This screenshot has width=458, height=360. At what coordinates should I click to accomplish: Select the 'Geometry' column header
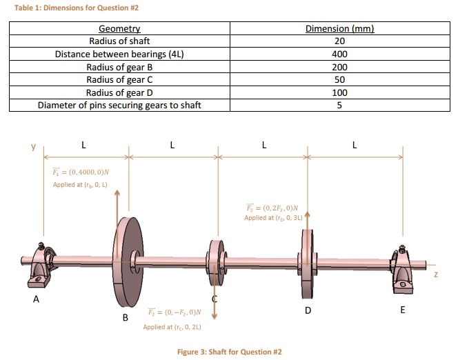(120, 29)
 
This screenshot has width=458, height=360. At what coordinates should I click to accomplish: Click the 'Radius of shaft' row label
(120, 41)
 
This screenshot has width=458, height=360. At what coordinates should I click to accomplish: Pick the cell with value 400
(339, 54)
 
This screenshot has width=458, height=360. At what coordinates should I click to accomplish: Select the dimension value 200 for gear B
(339, 68)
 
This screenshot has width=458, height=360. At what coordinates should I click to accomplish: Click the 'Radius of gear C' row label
(120, 80)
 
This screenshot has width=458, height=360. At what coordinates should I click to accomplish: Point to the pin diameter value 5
(339, 106)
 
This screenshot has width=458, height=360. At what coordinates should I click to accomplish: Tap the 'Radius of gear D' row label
(120, 92)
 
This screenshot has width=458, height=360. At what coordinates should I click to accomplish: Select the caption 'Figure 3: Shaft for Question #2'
(230, 352)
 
